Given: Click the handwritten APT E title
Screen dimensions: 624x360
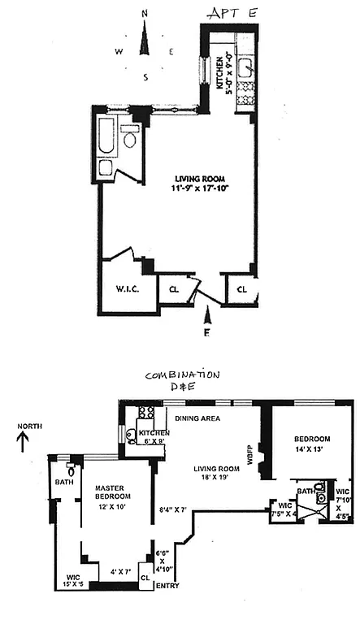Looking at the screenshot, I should tap(234, 13).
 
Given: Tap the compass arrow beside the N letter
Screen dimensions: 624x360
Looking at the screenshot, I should tap(145, 41).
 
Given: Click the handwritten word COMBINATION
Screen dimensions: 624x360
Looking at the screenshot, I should tap(181, 375).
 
